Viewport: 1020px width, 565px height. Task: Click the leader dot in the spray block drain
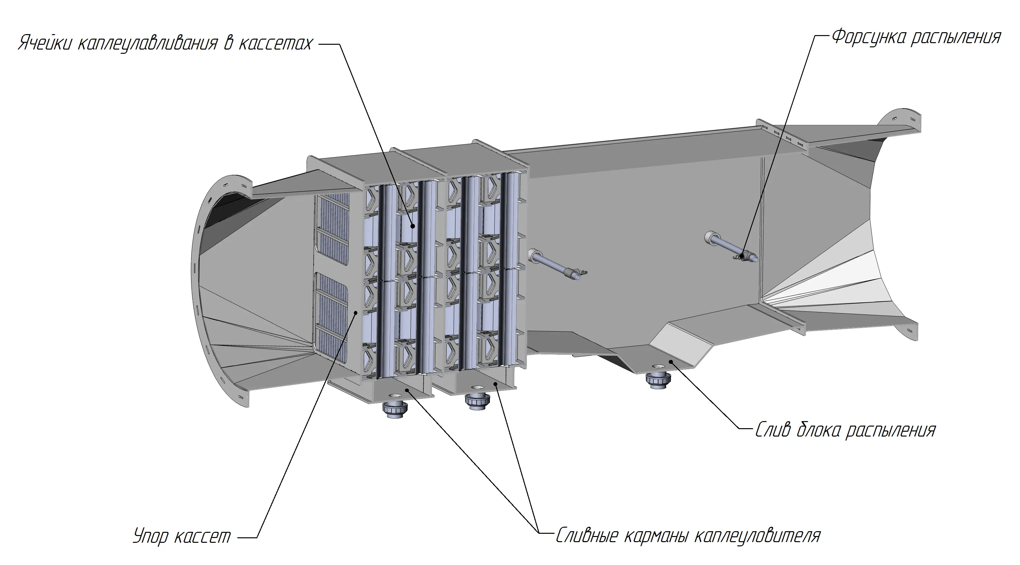coord(670,361)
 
